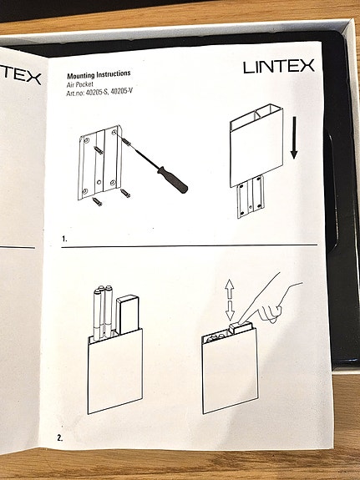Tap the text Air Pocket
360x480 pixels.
pos(82,84)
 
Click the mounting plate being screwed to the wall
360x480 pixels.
pos(103,164)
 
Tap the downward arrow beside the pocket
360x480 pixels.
pos(294,138)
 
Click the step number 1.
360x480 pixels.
pos(64,239)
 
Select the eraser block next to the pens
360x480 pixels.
pos(127,316)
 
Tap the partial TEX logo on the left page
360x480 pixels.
pos(20,77)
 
